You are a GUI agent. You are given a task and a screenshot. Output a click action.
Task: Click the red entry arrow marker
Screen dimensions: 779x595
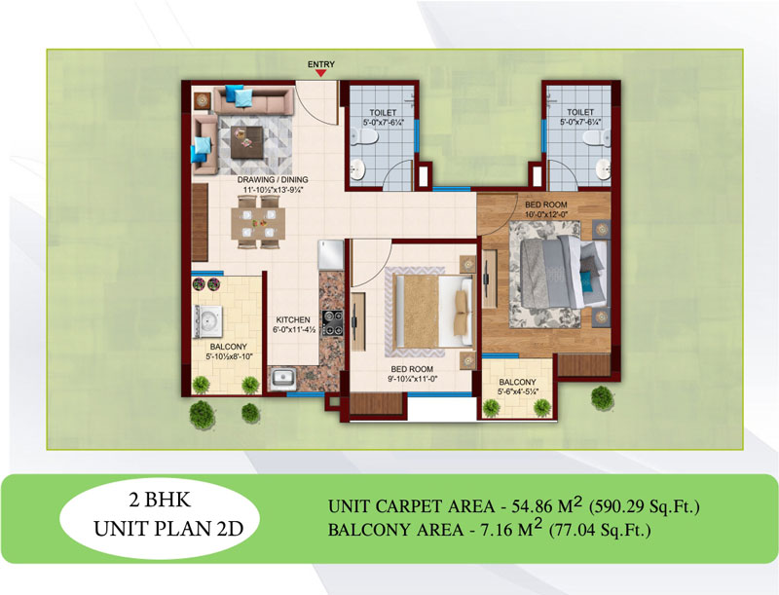coord(321,73)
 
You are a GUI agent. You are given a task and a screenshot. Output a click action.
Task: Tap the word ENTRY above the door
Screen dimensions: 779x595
coord(321,64)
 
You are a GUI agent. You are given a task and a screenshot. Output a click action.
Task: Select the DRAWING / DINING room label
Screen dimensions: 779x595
coord(273,180)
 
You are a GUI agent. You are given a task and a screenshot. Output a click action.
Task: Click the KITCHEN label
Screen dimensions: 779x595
coord(293,319)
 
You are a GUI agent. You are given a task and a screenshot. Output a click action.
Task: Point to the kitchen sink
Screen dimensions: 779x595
coord(283,379)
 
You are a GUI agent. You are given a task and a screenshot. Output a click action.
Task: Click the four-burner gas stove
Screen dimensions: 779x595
coord(332,322)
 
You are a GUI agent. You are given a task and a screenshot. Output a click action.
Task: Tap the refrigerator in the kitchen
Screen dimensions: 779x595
coord(331,255)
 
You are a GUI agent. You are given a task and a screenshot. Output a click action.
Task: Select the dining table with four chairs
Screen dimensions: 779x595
coord(258,221)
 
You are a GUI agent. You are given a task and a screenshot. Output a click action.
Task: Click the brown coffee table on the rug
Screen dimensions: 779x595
coord(247,141)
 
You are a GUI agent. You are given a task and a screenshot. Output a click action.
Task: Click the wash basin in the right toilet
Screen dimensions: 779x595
coord(603,170)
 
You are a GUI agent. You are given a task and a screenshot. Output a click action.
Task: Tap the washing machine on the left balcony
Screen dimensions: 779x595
coord(208,321)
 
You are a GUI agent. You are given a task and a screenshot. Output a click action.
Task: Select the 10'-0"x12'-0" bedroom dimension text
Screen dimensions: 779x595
coord(546,214)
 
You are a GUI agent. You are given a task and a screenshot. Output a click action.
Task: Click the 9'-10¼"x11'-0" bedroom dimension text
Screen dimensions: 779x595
coord(412,379)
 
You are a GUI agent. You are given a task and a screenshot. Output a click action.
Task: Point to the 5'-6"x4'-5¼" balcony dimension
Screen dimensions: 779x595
coord(517,391)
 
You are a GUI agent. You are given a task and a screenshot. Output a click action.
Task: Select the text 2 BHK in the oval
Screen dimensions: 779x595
coord(160,501)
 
